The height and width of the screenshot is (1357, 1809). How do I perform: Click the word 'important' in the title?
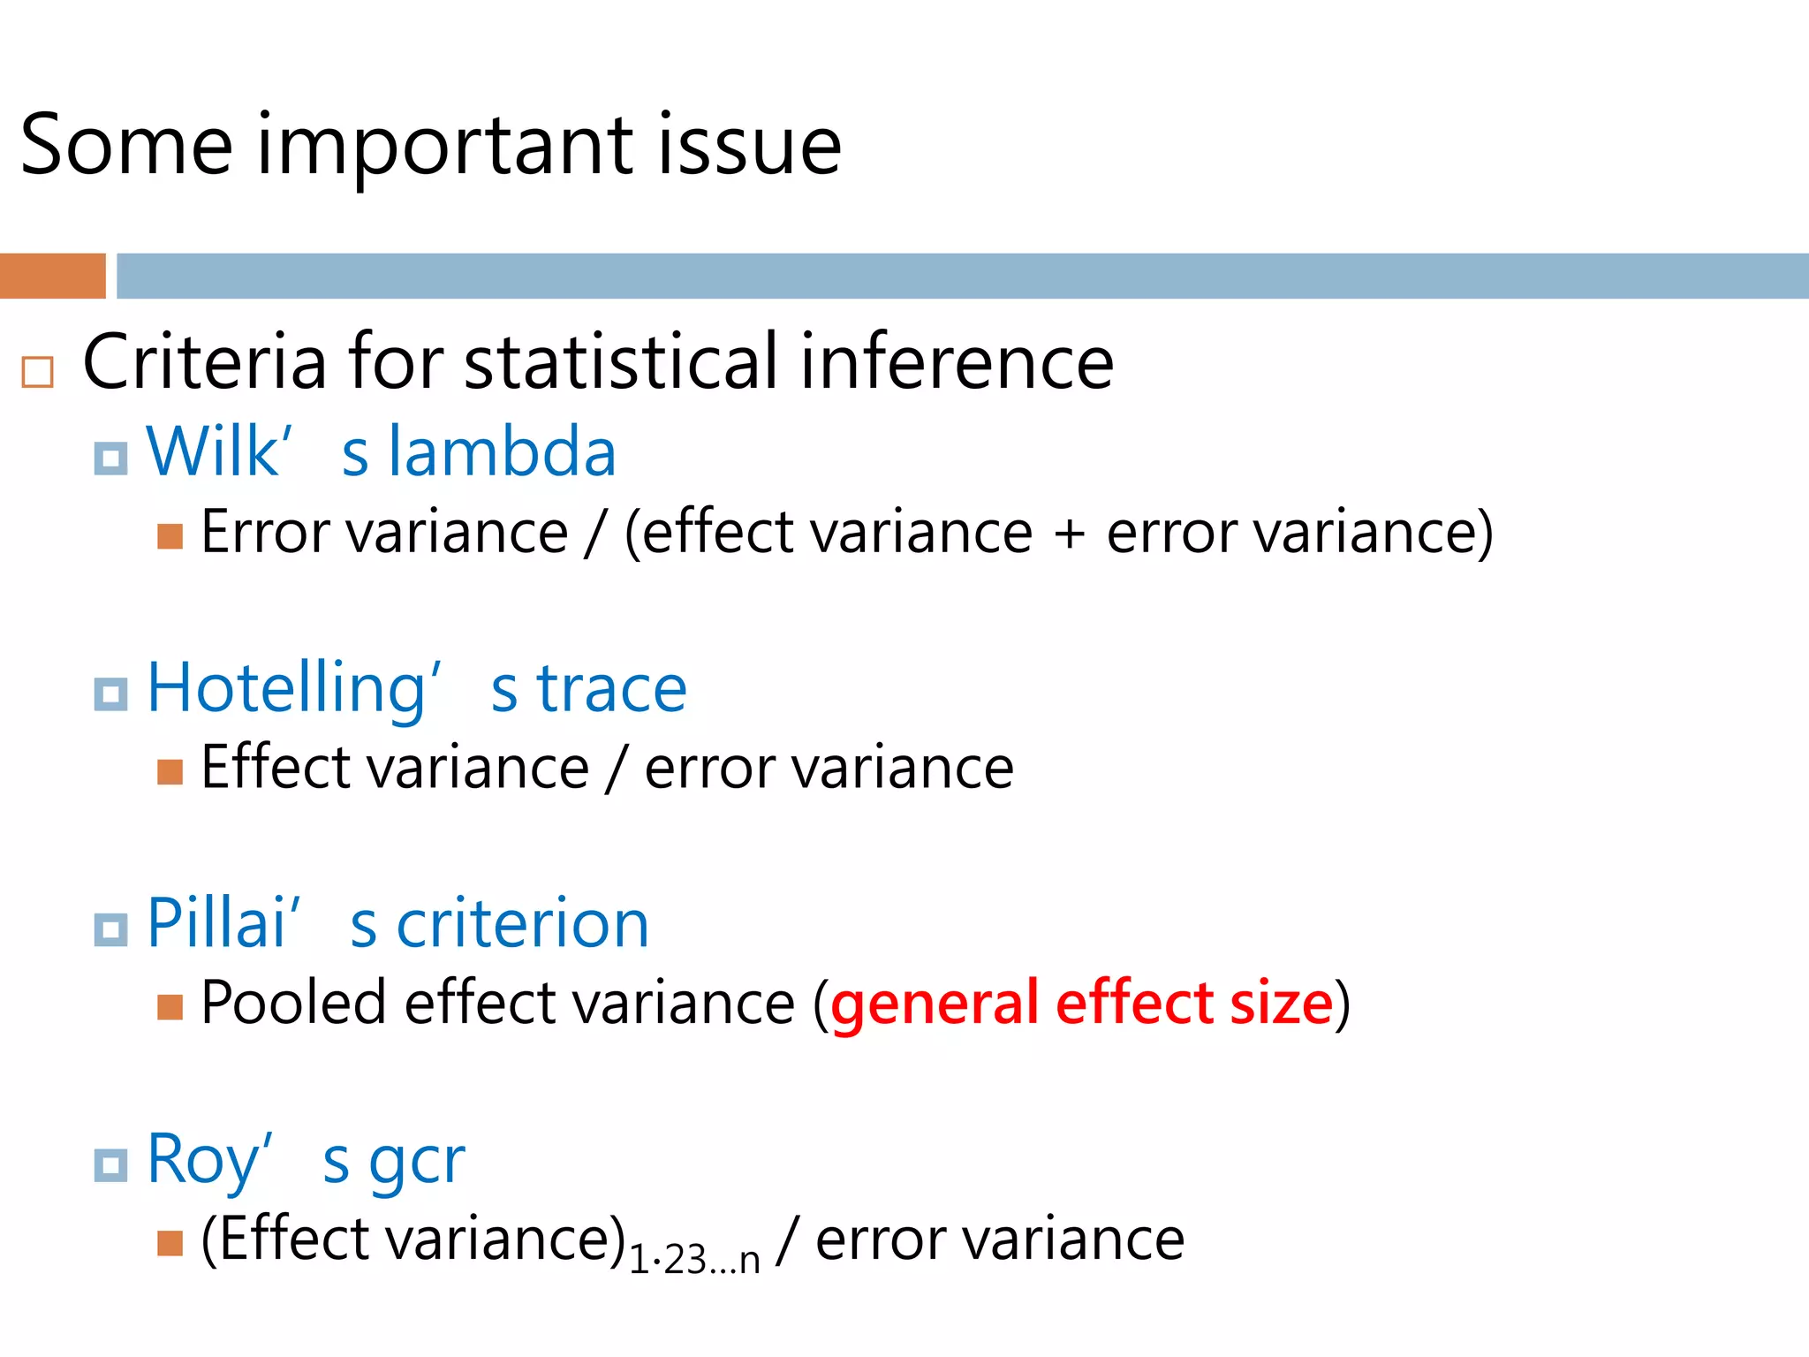point(444,146)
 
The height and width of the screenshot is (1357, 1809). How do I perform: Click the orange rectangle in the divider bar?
point(52,276)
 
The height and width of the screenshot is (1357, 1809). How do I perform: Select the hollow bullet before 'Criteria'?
point(37,372)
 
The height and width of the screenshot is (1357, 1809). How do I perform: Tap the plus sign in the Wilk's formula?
point(1069,534)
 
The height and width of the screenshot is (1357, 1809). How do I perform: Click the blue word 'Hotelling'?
point(287,689)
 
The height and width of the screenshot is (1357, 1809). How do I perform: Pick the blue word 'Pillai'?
point(216,924)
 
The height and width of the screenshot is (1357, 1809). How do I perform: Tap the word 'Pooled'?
point(293,1004)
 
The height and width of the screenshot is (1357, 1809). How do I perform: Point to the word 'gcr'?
point(417,1163)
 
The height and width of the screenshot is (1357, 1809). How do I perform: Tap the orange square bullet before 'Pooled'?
point(170,1006)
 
